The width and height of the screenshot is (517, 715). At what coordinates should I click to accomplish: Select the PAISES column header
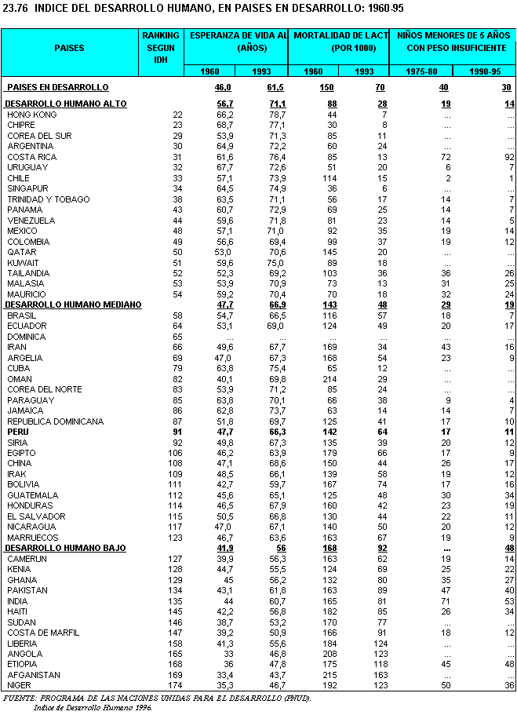pyautogui.click(x=69, y=48)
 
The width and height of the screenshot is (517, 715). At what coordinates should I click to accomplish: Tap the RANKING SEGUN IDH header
pyautogui.click(x=161, y=47)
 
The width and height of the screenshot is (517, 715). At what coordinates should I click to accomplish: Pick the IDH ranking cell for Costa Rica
pyautogui.click(x=177, y=157)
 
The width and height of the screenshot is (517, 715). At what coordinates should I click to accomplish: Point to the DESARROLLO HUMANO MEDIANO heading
pyautogui.click(x=73, y=305)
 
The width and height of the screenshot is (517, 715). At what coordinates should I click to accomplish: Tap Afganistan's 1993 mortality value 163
pyautogui.click(x=378, y=675)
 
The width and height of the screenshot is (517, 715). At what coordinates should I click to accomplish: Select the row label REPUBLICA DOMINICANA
pyautogui.click(x=55, y=421)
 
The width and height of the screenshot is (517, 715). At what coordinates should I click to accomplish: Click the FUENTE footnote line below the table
pyautogui.click(x=157, y=698)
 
